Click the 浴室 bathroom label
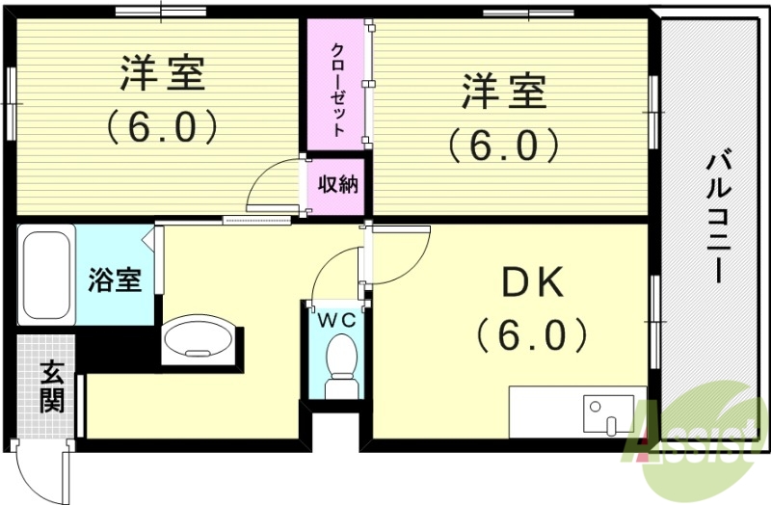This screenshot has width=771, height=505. (115, 280)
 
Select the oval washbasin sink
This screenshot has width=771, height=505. (198, 340)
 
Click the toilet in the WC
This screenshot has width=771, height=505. (340, 372)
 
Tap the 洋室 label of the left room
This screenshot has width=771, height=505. (162, 73)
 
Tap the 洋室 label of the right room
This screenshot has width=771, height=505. (503, 94)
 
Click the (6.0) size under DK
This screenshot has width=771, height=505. (529, 334)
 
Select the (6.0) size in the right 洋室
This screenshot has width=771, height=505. (502, 146)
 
